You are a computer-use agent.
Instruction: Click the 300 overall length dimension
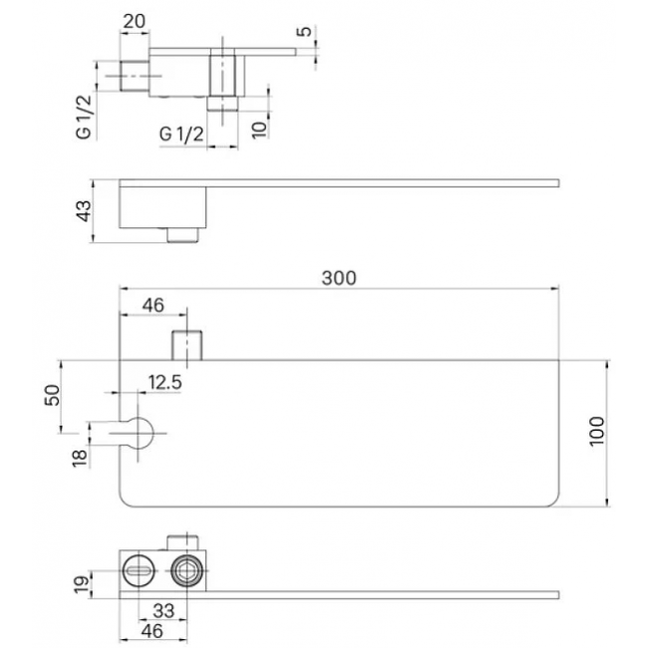[339, 278]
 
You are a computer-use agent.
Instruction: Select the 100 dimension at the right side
[597, 431]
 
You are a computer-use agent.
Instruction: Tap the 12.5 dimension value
[164, 382]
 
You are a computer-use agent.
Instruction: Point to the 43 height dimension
[84, 210]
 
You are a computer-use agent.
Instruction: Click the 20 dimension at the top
[135, 21]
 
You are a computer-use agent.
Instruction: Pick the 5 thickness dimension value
[304, 31]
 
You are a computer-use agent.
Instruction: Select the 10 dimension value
[259, 129]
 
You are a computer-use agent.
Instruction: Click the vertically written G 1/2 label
[84, 117]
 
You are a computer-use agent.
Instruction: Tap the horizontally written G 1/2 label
[181, 134]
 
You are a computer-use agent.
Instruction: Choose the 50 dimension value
[53, 395]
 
